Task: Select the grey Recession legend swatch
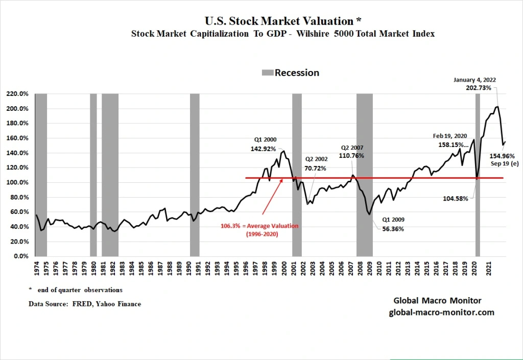268,73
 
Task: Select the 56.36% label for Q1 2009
393,229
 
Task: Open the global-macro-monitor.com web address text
441,312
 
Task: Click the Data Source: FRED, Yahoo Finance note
85,304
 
